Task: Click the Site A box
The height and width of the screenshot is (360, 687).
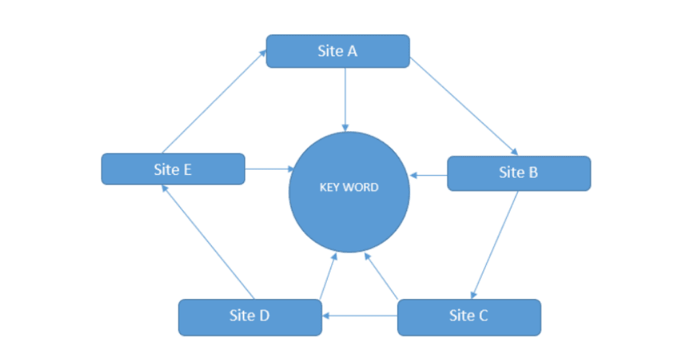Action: (338, 51)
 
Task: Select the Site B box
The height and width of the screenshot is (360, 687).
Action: (518, 174)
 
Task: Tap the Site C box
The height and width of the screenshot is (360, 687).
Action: (469, 317)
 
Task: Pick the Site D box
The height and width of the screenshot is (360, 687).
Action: (249, 317)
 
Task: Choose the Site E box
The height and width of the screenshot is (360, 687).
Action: (173, 169)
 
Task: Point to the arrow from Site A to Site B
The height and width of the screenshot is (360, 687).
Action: (464, 105)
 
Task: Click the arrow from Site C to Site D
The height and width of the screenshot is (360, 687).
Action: (359, 315)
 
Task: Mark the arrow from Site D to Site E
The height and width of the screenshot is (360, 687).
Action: (208, 241)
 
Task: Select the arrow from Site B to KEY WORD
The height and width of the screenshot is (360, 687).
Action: (428, 174)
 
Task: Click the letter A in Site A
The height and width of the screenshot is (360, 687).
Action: (353, 51)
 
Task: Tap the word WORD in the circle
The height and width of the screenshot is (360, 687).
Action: (361, 187)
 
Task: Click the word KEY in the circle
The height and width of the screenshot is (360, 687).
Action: (330, 187)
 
